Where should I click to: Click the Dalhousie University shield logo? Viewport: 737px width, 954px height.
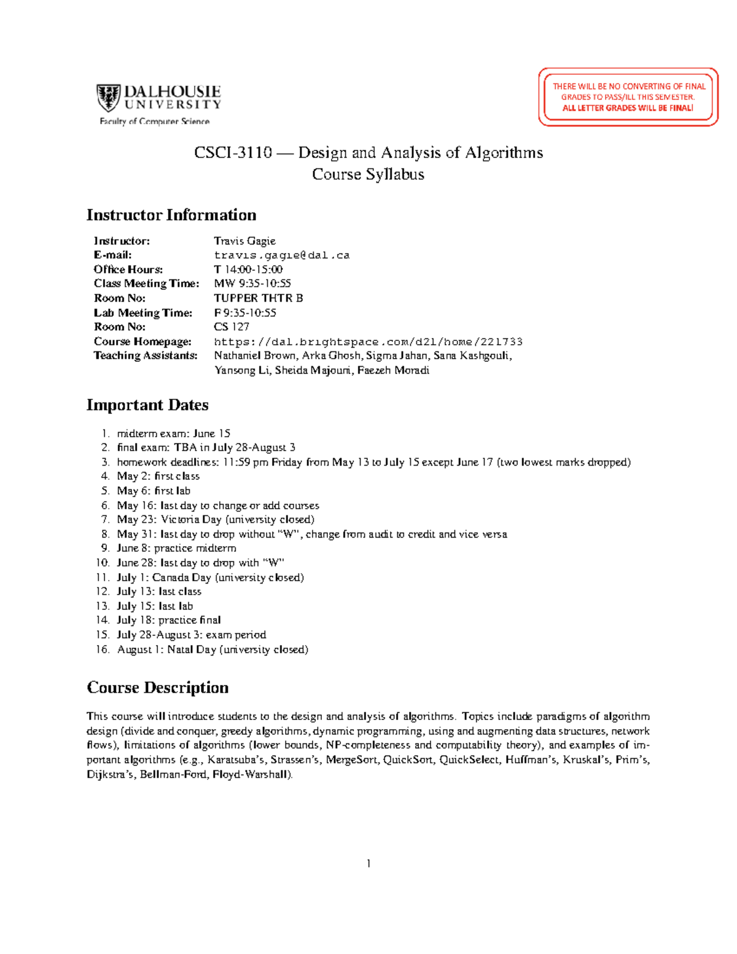pyautogui.click(x=108, y=98)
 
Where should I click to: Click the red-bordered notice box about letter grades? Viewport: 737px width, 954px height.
pyautogui.click(x=628, y=97)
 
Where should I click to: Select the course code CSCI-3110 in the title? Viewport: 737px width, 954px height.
pyautogui.click(x=233, y=152)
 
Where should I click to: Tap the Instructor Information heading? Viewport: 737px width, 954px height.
pyautogui.click(x=171, y=215)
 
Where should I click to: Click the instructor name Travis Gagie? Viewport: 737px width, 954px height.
pyautogui.click(x=244, y=241)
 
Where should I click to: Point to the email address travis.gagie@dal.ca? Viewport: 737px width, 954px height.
pyautogui.click(x=281, y=255)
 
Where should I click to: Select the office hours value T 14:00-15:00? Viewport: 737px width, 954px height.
pyautogui.click(x=248, y=269)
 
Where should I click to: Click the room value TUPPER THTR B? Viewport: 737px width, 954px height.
pyautogui.click(x=258, y=298)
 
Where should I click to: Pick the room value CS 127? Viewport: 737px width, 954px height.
pyautogui.click(x=232, y=327)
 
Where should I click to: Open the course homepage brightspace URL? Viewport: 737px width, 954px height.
pyautogui.click(x=368, y=342)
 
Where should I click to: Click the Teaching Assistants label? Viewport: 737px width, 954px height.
pyautogui.click(x=146, y=356)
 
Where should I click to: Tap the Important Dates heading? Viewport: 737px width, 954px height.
pyautogui.click(x=147, y=405)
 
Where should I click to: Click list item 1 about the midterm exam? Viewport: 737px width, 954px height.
pyautogui.click(x=173, y=433)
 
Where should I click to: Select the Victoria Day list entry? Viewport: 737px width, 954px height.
pyautogui.click(x=215, y=520)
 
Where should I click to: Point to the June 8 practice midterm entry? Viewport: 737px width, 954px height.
pyautogui.click(x=176, y=548)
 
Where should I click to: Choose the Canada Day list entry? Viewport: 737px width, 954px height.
pyautogui.click(x=210, y=577)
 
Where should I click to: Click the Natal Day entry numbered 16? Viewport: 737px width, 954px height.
pyautogui.click(x=212, y=649)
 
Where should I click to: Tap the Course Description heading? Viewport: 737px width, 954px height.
pyautogui.click(x=158, y=687)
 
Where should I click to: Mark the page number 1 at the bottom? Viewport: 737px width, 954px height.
pyautogui.click(x=368, y=864)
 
